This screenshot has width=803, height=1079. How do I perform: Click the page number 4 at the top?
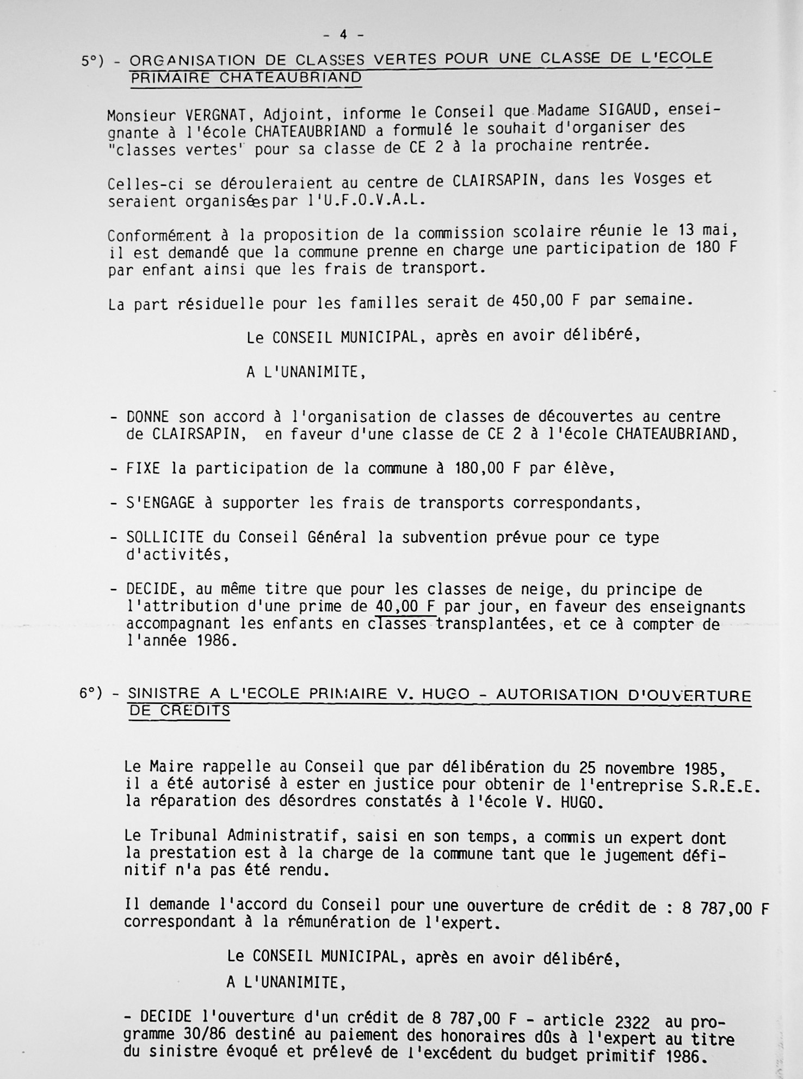pyautogui.click(x=343, y=35)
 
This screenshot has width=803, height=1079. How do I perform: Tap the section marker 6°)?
pyautogui.click(x=90, y=693)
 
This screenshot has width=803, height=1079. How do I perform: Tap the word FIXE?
pyautogui.click(x=143, y=468)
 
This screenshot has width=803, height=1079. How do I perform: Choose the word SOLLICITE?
pyautogui.click(x=165, y=538)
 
